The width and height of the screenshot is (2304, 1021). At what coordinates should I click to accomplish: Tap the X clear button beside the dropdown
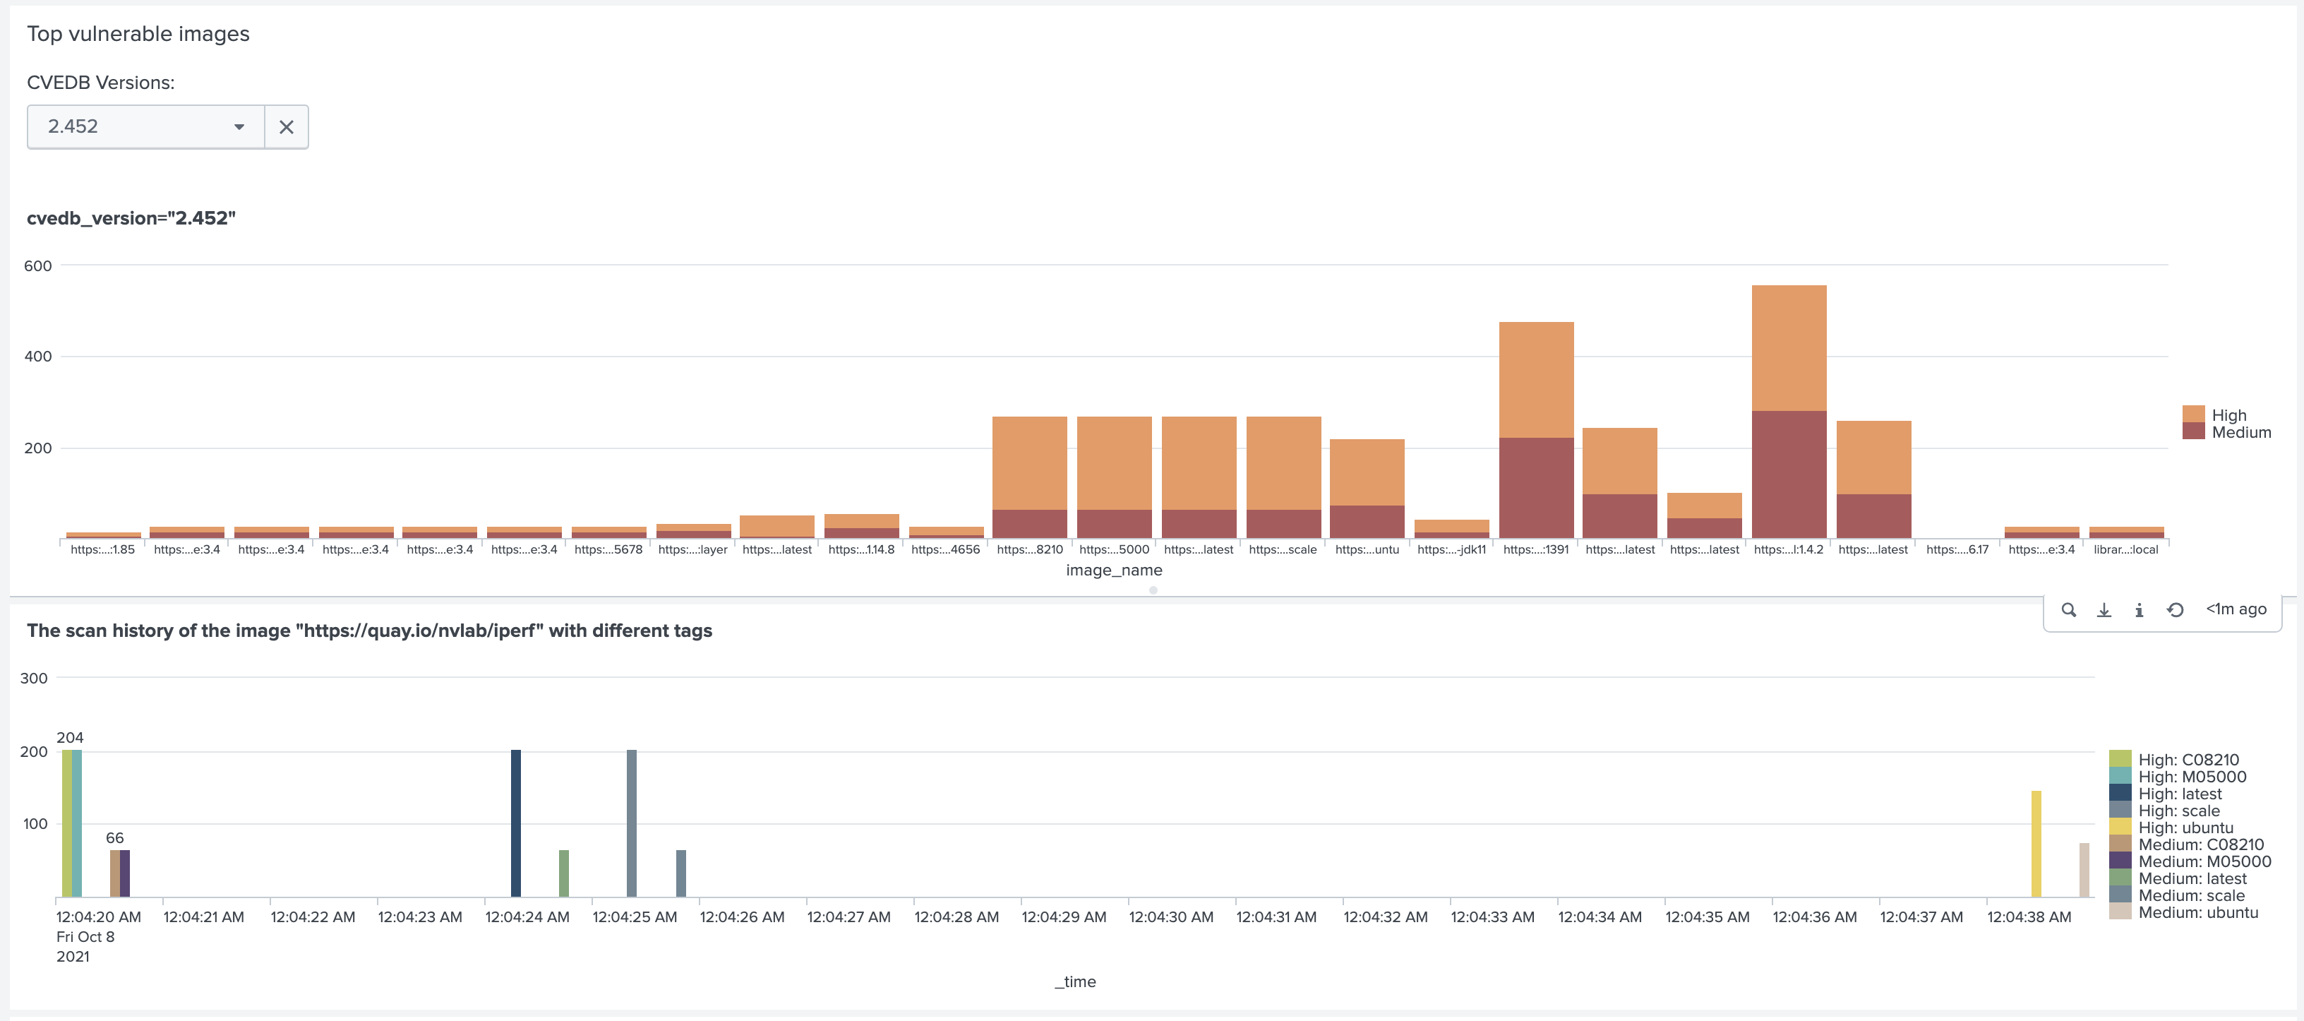[x=286, y=127]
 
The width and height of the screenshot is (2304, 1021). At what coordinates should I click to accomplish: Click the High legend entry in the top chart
[x=2228, y=415]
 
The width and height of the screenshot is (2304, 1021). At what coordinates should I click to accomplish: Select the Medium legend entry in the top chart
[x=2240, y=432]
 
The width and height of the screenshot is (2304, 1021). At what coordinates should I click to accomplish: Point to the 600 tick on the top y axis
[x=37, y=265]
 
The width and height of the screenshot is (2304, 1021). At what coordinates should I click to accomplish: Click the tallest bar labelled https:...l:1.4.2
[x=1788, y=411]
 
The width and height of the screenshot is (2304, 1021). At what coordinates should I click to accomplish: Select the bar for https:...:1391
[x=1536, y=429]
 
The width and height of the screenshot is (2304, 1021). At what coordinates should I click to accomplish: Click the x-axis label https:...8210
[x=1029, y=549]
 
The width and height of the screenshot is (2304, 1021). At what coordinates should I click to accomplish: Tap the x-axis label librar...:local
[x=2125, y=549]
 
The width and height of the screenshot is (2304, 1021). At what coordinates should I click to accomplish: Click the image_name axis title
[x=1114, y=570]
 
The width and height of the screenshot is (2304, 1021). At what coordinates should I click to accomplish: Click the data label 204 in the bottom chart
[x=70, y=737]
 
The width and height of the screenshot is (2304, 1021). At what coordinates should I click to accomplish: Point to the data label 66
[x=114, y=837]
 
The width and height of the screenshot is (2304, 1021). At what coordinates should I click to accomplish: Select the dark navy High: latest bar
[x=516, y=823]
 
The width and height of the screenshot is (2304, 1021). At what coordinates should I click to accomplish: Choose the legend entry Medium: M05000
[x=2204, y=861]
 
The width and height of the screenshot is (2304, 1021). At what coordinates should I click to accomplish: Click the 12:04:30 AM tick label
[x=1171, y=917]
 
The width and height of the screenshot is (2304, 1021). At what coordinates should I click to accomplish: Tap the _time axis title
[x=1075, y=981]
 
